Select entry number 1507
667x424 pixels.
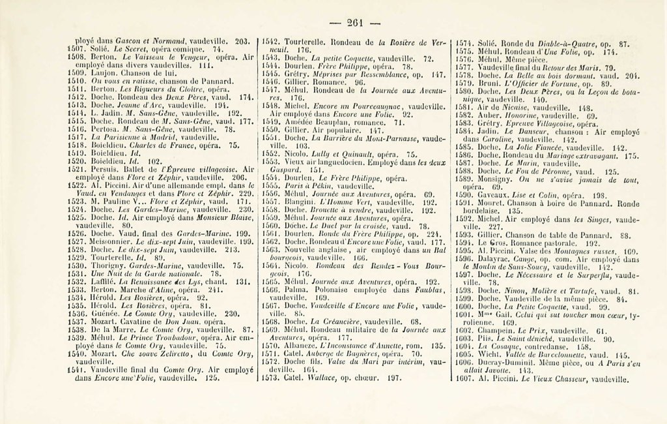click(76, 48)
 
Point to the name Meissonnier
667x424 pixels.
click(111, 241)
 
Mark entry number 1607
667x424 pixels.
click(464, 378)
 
